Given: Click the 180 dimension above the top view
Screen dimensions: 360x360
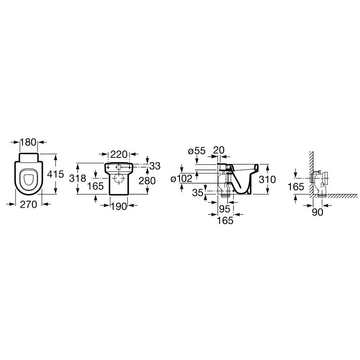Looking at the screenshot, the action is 29,142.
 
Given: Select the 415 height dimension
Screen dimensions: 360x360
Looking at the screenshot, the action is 55,174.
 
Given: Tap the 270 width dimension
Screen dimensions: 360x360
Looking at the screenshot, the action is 29,204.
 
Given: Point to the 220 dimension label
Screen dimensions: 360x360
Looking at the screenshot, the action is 119,154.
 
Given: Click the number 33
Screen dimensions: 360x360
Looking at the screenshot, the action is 155,166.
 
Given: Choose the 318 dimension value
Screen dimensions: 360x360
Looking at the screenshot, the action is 78,179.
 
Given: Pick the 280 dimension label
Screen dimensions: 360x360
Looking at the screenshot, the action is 147,180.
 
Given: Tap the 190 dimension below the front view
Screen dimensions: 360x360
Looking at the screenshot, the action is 119,206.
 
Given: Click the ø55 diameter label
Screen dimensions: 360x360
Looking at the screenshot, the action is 196,151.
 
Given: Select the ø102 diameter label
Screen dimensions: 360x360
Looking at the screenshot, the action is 181,179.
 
